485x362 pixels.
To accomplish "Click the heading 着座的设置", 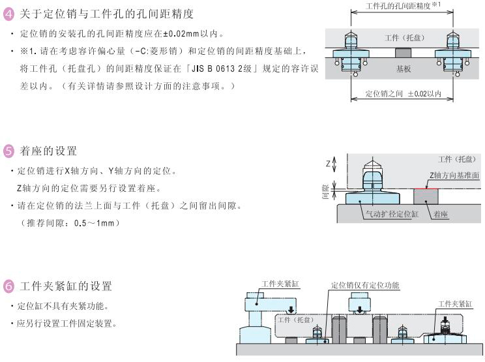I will coord(48,151).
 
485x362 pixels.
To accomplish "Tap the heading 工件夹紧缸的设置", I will coord(66,286).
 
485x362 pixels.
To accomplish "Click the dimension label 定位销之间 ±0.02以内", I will coord(402,94).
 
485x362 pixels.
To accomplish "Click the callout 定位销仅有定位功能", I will coord(365,286).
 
